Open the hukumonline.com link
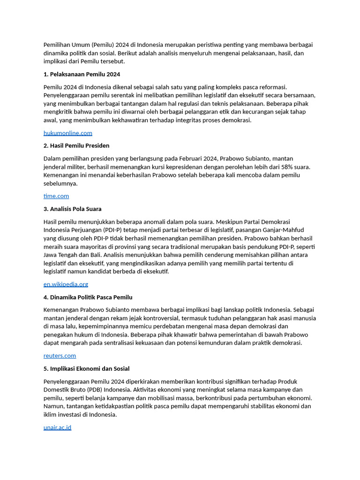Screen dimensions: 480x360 pos(67,133)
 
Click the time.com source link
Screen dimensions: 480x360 pos(56,196)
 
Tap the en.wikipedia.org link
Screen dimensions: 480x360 pos(66,284)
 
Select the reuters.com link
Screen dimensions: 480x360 pos(60,356)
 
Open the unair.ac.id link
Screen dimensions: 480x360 pos(57,427)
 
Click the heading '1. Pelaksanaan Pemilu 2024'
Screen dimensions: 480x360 pos(82,74)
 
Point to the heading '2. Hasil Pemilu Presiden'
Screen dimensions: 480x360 pos(76,146)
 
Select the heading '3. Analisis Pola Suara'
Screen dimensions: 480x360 pos(72,209)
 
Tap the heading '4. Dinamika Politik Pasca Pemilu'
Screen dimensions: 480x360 pos(88,297)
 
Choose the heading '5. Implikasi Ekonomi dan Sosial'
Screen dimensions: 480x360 pos(87,369)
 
